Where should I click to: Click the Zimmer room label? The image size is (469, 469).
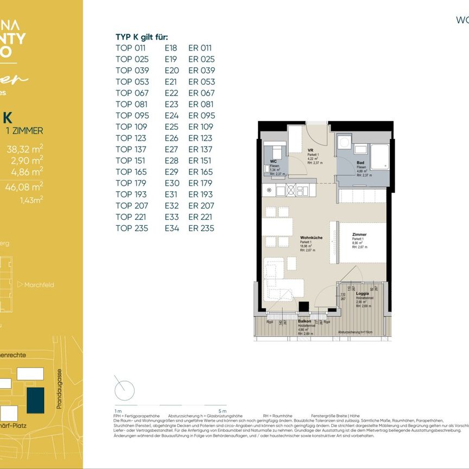coord(359,234)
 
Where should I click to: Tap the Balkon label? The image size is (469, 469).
coord(305,321)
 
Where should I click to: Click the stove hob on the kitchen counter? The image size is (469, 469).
coord(290,191)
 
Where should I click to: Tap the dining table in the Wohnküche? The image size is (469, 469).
coord(277,226)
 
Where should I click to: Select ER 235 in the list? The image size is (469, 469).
coord(201,228)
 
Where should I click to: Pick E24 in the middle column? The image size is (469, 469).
coord(172,115)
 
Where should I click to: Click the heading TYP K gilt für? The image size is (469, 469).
coord(142,37)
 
